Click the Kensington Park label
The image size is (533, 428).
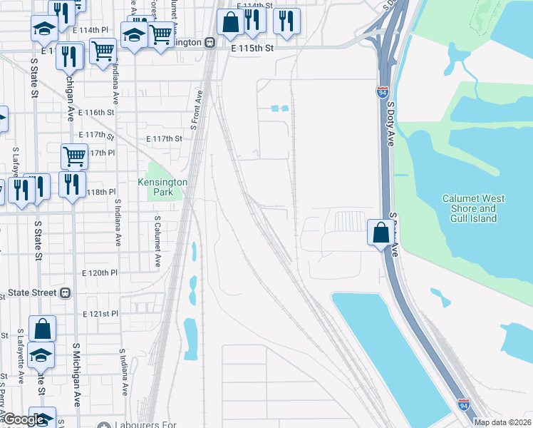click(x=162, y=187)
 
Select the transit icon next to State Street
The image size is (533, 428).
click(x=66, y=292)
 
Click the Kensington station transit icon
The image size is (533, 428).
click(x=209, y=42)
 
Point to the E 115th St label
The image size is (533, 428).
click(x=252, y=47)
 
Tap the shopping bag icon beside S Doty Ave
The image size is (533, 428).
click(x=381, y=233)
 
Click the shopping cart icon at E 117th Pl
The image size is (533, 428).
click(x=74, y=156)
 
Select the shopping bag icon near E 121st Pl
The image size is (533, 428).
click(x=43, y=329)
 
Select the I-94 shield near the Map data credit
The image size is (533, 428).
click(x=464, y=405)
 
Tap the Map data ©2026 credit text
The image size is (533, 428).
click(x=502, y=422)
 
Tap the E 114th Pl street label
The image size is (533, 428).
click(x=90, y=31)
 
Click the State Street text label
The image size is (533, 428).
click(x=31, y=292)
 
